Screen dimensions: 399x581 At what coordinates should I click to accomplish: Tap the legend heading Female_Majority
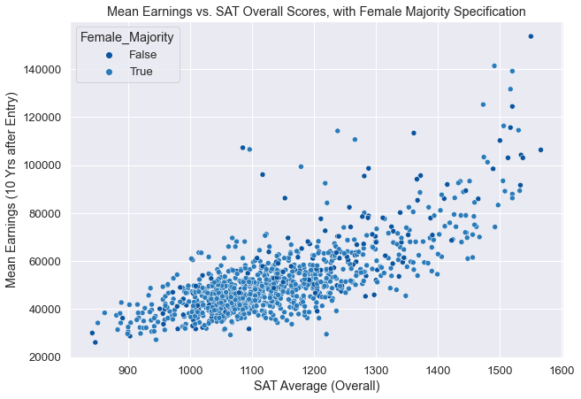click(129, 37)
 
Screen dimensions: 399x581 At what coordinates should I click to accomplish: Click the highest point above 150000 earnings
click(531, 36)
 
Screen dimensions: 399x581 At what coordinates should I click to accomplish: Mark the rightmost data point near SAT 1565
click(540, 150)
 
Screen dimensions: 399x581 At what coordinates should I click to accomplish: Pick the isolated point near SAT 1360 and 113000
click(413, 134)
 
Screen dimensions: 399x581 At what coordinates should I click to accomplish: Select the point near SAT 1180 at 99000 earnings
click(301, 166)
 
